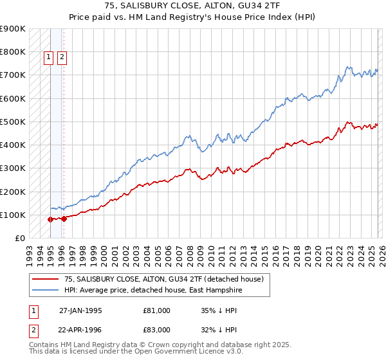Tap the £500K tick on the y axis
point(12,122)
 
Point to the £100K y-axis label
point(12,215)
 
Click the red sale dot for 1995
point(51,219)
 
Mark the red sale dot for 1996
point(64,219)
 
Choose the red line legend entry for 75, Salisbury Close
point(164,280)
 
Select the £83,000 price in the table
point(157,330)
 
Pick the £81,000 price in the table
point(157,310)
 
